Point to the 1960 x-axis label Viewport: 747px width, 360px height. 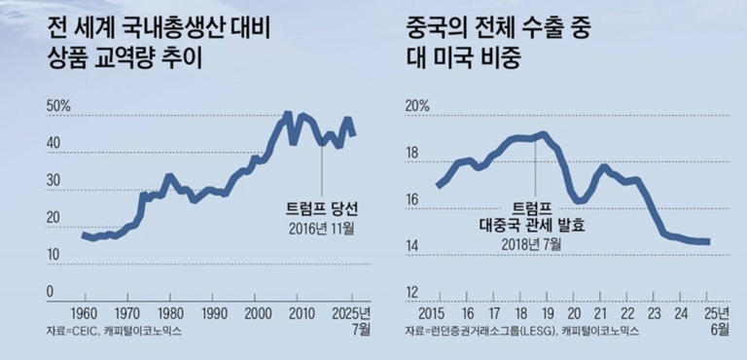[x=84, y=313]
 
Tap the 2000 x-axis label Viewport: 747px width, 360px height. [x=258, y=313]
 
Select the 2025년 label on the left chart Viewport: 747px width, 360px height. [x=348, y=313]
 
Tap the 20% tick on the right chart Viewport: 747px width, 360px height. [x=417, y=106]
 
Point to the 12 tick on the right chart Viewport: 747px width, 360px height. [x=413, y=292]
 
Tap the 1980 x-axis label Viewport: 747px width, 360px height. [x=170, y=313]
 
